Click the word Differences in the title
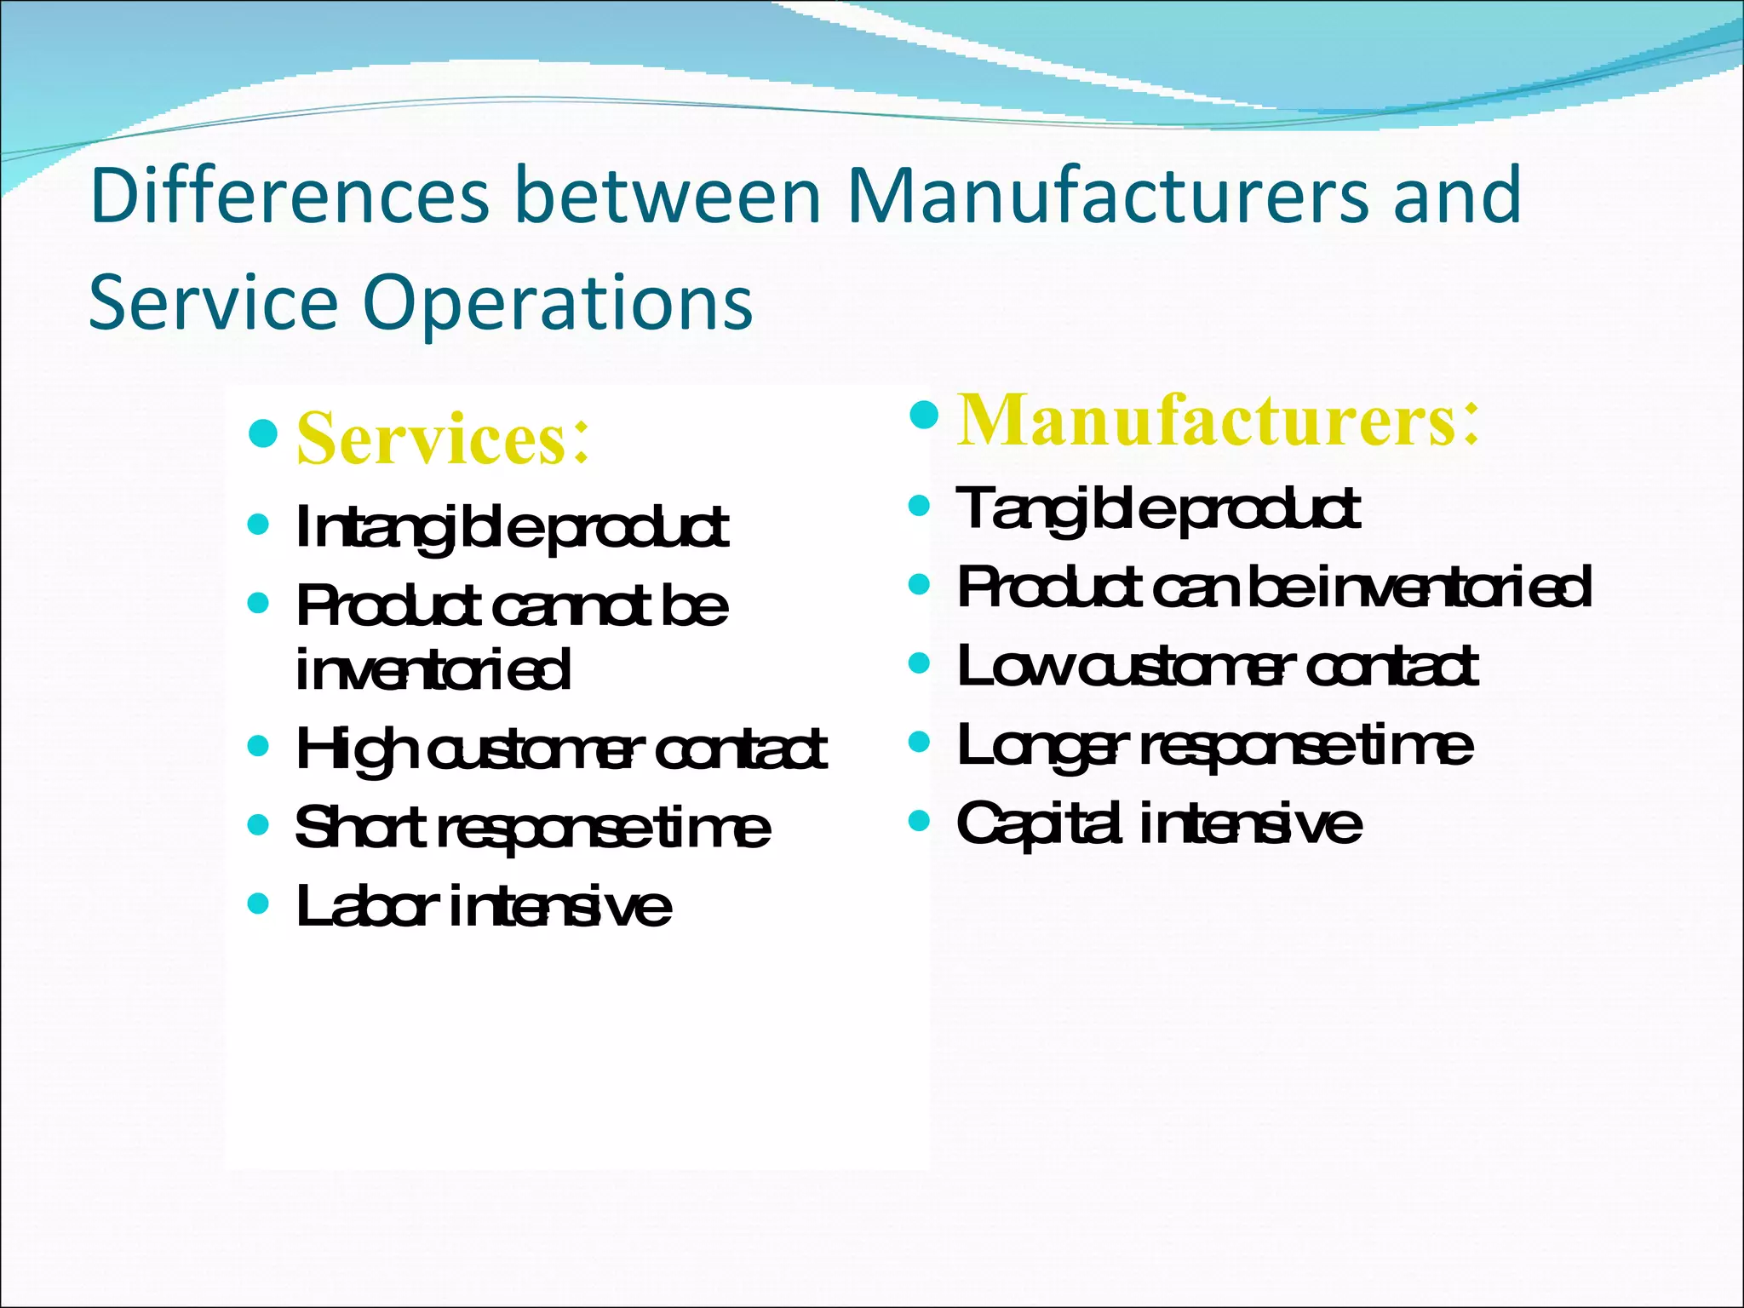tap(290, 196)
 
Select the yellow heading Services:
tap(442, 439)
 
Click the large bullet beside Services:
tap(263, 433)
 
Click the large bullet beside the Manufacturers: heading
tap(924, 415)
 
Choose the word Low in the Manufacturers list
tap(1013, 667)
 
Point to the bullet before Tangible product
tap(919, 507)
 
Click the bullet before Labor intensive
tap(258, 903)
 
